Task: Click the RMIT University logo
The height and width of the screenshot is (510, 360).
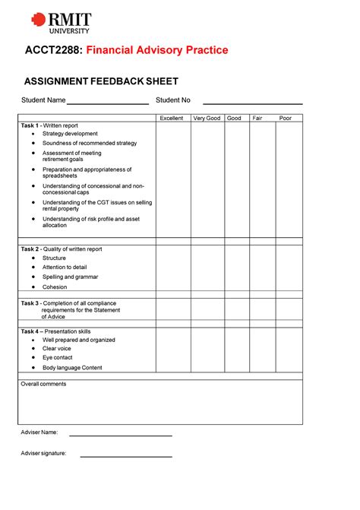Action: (x=60, y=23)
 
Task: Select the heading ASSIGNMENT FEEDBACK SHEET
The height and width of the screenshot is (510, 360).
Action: (x=101, y=81)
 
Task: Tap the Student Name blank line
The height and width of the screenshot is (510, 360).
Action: (x=107, y=103)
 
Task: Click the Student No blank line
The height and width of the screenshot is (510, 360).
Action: (x=252, y=103)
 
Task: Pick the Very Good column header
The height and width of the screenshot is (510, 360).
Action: (x=207, y=118)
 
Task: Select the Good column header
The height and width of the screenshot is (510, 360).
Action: (x=234, y=118)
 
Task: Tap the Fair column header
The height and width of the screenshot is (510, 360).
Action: (x=257, y=118)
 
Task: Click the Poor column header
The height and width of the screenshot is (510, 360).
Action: (x=286, y=118)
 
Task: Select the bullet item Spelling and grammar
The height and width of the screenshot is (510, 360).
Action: (x=70, y=277)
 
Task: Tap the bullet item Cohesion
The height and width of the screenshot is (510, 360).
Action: (x=55, y=287)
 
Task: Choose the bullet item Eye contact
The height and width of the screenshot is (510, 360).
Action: (x=58, y=357)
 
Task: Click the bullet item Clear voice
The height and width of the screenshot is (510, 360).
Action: (x=58, y=348)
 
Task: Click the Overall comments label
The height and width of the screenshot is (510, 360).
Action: (x=43, y=384)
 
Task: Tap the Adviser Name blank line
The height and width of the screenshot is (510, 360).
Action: (x=120, y=435)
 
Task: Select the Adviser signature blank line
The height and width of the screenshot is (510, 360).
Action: (x=125, y=456)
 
